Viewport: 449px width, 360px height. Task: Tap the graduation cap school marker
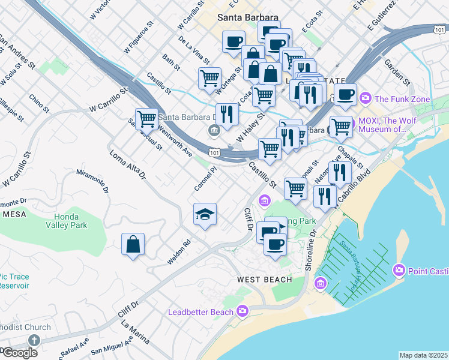click(x=205, y=214)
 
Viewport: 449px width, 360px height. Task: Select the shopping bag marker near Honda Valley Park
click(x=133, y=244)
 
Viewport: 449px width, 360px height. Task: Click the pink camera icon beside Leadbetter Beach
click(x=242, y=310)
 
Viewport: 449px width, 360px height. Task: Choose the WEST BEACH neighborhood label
click(x=264, y=280)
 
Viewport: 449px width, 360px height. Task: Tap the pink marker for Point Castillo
click(x=399, y=271)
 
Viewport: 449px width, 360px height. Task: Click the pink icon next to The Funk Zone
click(x=366, y=97)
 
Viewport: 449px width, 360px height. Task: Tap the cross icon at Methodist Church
click(x=34, y=340)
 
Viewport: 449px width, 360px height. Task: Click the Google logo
click(x=20, y=353)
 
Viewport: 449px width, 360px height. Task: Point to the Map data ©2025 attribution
click(x=423, y=355)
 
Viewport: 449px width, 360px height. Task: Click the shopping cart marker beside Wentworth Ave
click(x=146, y=119)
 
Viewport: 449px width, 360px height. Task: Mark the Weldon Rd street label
click(x=178, y=252)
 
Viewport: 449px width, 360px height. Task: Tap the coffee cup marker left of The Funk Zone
click(x=345, y=94)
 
